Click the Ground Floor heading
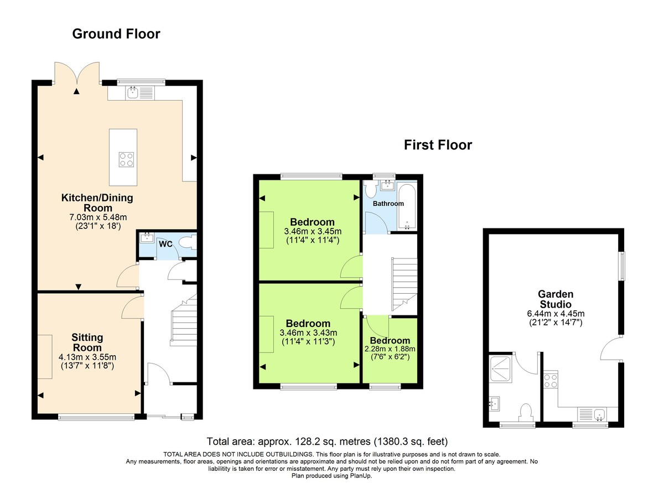pos(116,34)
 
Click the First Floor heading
pos(438,146)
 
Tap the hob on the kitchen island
pos(126,159)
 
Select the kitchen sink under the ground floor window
pos(133,93)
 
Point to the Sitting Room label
pos(87,342)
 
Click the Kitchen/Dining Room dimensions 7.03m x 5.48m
pos(97,217)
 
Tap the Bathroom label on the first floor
pos(388,204)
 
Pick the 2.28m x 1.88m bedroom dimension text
pos(390,349)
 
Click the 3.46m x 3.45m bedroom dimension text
pos(312,231)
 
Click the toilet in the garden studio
pos(526,412)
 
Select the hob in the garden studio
pos(551,381)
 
